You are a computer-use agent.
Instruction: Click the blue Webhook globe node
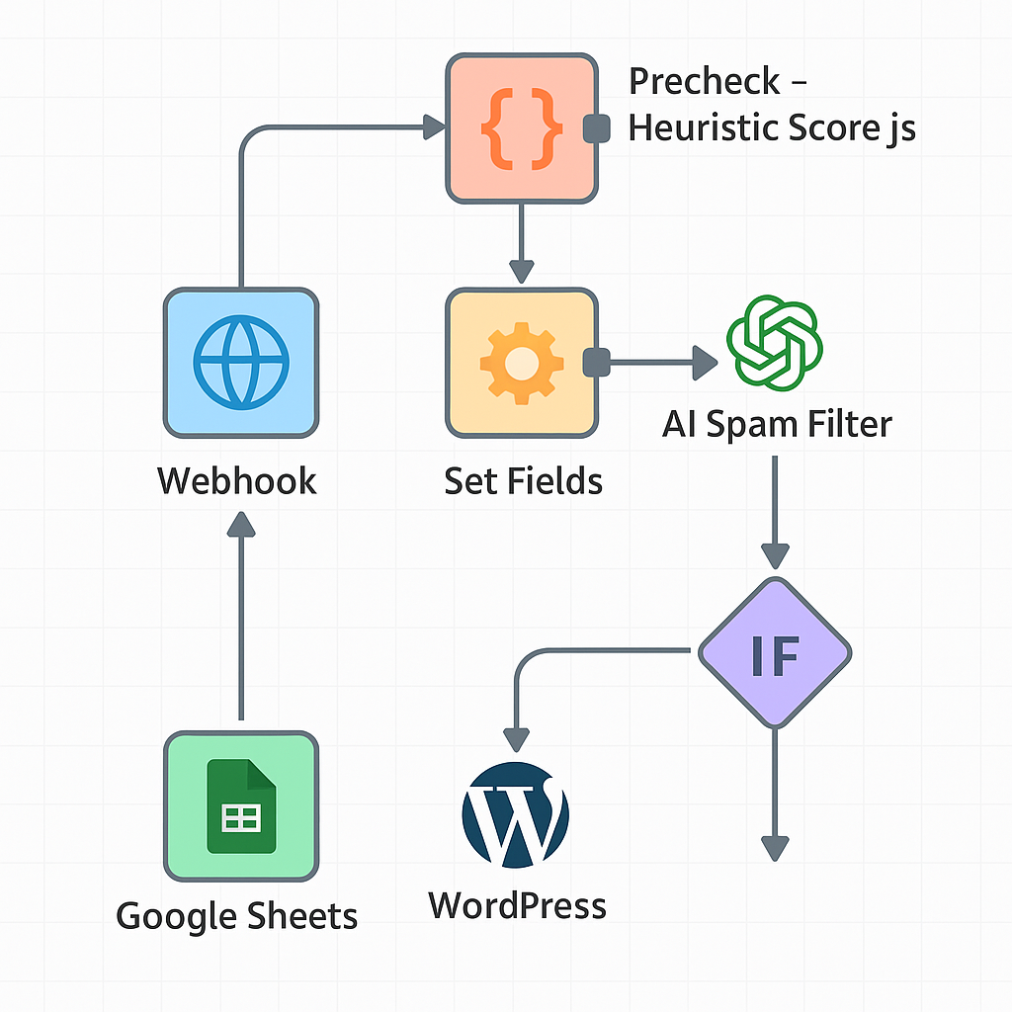tap(240, 363)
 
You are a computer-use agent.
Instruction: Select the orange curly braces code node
tap(522, 128)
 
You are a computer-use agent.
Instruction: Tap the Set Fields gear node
tap(522, 363)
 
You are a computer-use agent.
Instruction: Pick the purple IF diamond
tap(775, 653)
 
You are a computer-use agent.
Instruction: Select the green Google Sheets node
tap(240, 806)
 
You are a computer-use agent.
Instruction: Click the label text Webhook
tap(237, 481)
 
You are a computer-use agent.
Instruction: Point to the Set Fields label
tap(523, 481)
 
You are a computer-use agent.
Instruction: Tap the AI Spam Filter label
tap(777, 424)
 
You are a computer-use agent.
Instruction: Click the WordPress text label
tap(517, 905)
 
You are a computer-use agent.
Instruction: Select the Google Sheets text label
tap(237, 915)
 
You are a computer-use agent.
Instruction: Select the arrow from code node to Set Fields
tap(521, 242)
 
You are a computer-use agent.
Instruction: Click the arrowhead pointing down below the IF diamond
tap(775, 847)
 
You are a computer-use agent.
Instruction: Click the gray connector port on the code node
tap(596, 128)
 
